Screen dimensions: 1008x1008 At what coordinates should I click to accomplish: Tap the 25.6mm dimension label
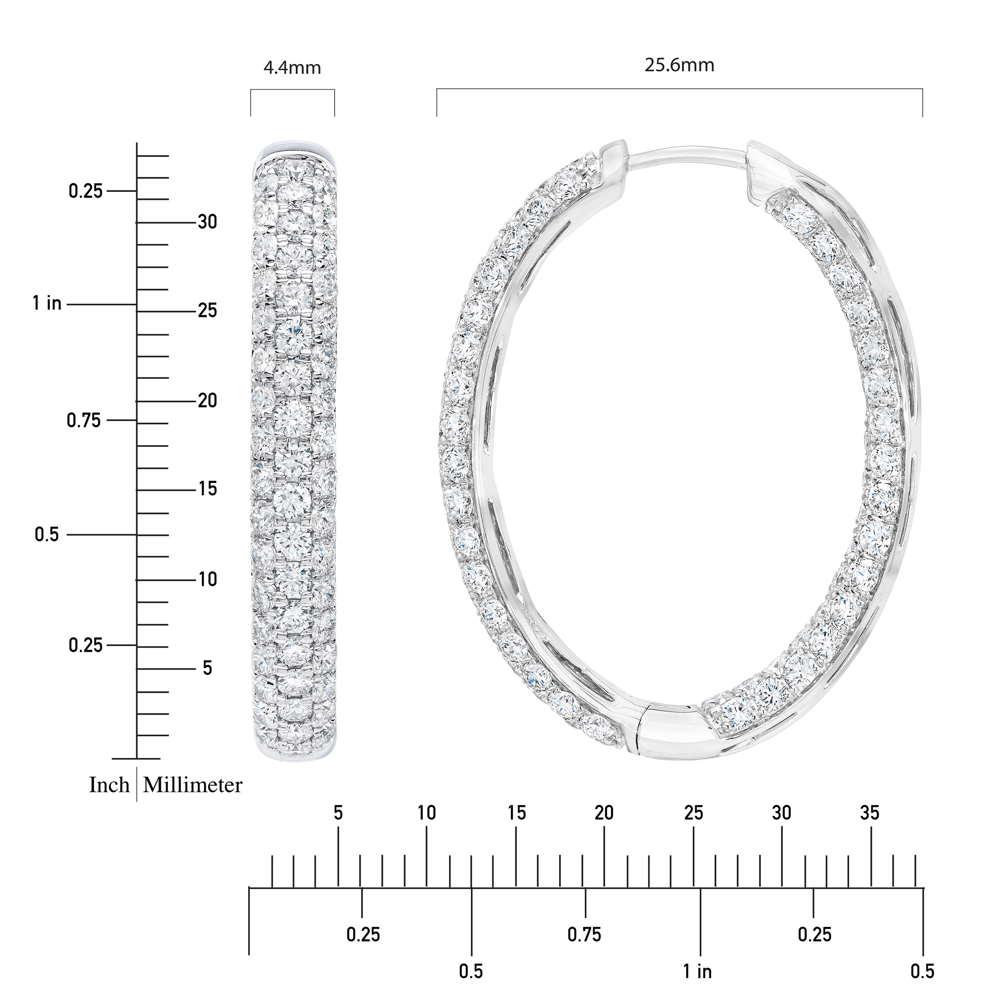pos(679,65)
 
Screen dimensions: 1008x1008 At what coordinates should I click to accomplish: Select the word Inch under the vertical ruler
pos(109,785)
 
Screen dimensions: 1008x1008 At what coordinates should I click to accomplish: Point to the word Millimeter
pos(192,785)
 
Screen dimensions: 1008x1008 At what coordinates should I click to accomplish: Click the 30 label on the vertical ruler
pos(207,222)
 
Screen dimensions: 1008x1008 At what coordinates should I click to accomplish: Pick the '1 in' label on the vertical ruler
pos(47,303)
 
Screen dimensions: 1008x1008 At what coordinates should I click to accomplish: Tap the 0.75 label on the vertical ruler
pos(84,420)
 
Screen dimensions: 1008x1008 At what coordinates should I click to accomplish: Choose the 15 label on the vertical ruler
pos(207,489)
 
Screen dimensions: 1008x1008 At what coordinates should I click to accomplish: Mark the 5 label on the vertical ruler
pos(207,668)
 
